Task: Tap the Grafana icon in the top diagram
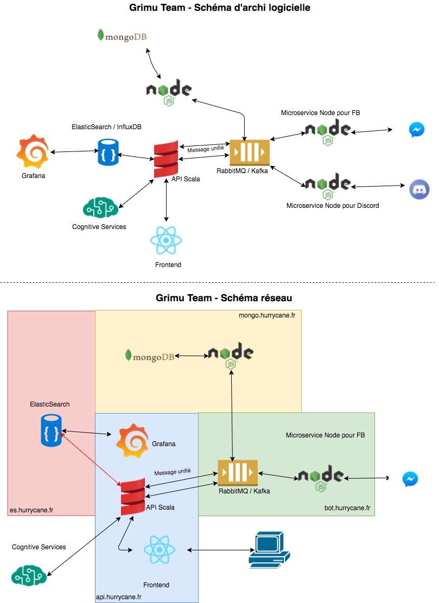pos(32,153)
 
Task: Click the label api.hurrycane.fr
pos(119,597)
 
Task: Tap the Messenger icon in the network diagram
pos(410,479)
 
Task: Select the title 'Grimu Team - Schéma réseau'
pos(224,297)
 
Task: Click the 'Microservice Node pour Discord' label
pos(332,206)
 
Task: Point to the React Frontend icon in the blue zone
pos(160,550)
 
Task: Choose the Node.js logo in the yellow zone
pos(230,356)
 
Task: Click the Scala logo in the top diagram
pos(166,158)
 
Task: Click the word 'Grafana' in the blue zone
pos(164,444)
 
